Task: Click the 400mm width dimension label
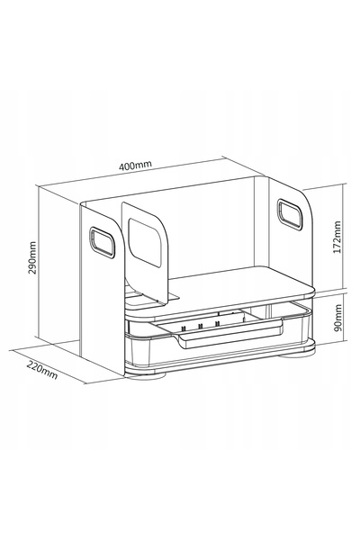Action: (x=135, y=166)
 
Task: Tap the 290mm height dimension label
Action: (x=32, y=257)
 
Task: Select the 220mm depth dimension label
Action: (x=42, y=370)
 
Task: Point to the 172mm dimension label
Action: (x=337, y=237)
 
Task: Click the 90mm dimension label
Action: (x=338, y=317)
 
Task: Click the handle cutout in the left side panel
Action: (x=102, y=242)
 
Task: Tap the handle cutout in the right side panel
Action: (x=290, y=214)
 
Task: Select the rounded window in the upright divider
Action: (x=145, y=241)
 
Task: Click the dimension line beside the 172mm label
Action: (x=344, y=236)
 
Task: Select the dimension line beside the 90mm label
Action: (x=344, y=318)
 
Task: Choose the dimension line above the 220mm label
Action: (x=49, y=366)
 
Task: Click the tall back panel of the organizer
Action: (x=210, y=228)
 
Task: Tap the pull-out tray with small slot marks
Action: (x=220, y=328)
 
